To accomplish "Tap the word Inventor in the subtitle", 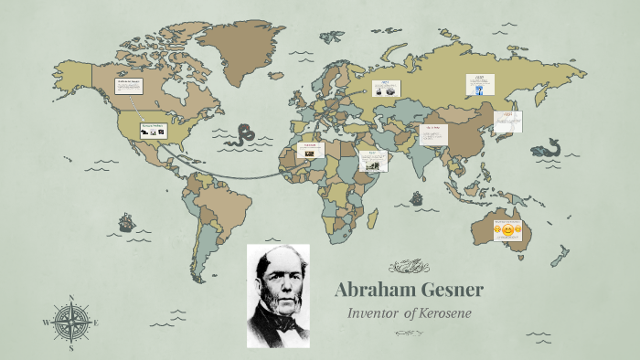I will coord(375,313).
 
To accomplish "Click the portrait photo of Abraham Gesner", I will coord(278,295).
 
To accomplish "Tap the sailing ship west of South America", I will coord(126,222).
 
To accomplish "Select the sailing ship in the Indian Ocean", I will coord(417,197).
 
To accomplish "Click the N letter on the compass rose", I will coord(71,297).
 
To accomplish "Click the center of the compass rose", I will coord(71,322).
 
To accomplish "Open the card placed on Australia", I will coord(507,228).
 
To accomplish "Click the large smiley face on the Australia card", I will coord(507,230).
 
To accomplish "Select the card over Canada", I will coord(129,87).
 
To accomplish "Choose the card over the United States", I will coord(153,131).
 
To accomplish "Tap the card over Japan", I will coord(508,121).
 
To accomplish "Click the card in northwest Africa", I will coord(310,149).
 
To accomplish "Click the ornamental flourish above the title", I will coord(409,267).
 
